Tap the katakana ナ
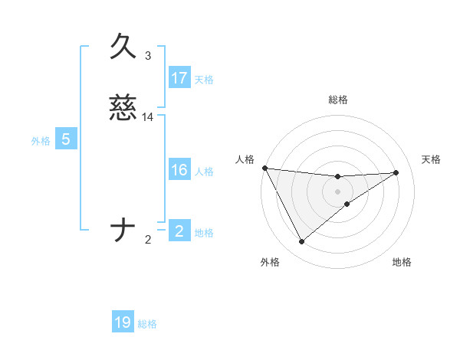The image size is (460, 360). pyautogui.click(x=123, y=231)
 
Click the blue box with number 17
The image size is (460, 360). pyautogui.click(x=179, y=78)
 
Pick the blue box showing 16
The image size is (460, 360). pyautogui.click(x=179, y=170)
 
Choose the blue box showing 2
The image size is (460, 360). pyautogui.click(x=179, y=231)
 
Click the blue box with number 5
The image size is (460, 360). pyautogui.click(x=66, y=139)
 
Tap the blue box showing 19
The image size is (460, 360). pyautogui.click(x=123, y=322)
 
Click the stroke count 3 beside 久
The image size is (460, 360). pyautogui.click(x=148, y=55)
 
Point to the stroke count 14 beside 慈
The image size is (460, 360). pyautogui.click(x=148, y=116)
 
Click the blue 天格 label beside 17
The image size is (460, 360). pyautogui.click(x=204, y=80)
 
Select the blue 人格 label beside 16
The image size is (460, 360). pyautogui.click(x=204, y=172)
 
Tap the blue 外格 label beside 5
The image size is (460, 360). pyautogui.click(x=41, y=141)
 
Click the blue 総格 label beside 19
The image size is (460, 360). pyautogui.click(x=147, y=324)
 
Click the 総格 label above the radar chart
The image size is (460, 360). pyautogui.click(x=338, y=100)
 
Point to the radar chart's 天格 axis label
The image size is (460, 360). pyautogui.click(x=431, y=159)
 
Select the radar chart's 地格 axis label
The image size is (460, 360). pyautogui.click(x=402, y=262)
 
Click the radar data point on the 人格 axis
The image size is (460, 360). pyautogui.click(x=264, y=168)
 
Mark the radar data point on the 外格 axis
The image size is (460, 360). pyautogui.click(x=301, y=242)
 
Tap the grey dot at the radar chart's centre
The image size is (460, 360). pyautogui.click(x=338, y=191)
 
